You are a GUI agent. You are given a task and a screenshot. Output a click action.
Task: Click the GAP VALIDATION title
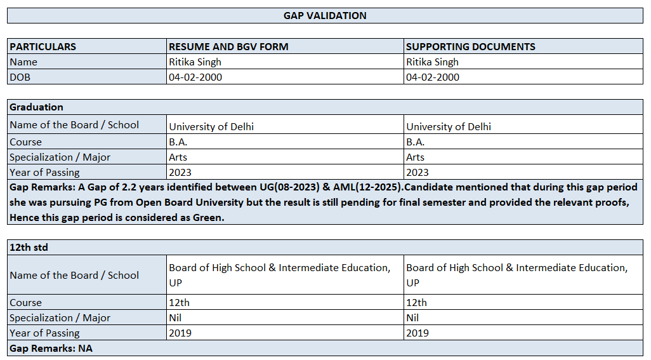325,15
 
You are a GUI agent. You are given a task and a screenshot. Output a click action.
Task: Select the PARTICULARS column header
43,46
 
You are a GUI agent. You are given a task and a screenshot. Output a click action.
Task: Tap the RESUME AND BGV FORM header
228,46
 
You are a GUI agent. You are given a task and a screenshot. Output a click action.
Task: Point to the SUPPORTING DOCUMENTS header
470,46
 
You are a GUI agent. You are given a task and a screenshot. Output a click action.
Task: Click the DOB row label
20,77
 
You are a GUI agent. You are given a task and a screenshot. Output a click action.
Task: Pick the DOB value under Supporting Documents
433,77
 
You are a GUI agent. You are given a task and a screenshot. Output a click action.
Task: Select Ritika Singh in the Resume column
195,62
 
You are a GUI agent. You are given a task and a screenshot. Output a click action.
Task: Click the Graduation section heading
36,107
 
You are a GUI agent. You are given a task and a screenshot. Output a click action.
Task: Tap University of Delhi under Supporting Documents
449,126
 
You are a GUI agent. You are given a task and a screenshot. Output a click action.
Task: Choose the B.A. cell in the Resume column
178,142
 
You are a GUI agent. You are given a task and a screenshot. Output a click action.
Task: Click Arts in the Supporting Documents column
416,157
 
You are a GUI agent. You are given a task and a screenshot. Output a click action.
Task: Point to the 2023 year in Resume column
180,172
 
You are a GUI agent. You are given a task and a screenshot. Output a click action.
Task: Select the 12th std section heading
29,247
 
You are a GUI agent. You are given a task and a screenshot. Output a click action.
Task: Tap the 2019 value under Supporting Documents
418,333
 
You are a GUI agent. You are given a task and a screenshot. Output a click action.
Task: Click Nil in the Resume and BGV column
175,317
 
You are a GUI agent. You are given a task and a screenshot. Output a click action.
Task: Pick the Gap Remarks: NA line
51,348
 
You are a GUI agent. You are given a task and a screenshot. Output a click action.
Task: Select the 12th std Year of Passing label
44,333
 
